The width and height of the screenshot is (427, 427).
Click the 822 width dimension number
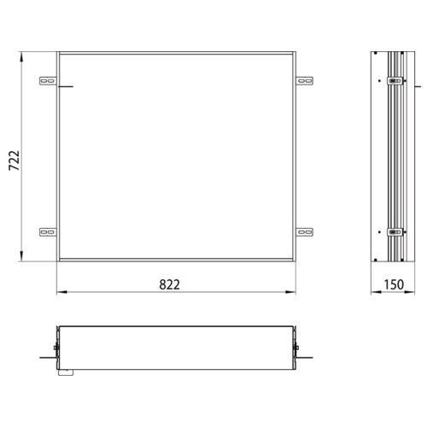click(169, 284)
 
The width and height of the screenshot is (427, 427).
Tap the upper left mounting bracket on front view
click(48, 82)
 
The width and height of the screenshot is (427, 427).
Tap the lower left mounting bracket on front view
click(48, 231)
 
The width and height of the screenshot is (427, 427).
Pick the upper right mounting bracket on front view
click(305, 82)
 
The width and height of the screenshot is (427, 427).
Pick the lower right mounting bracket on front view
click(305, 231)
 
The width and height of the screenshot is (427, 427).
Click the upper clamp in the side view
click(394, 83)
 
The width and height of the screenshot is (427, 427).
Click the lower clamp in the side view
click(394, 231)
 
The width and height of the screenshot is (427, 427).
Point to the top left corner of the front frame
click(57, 54)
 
